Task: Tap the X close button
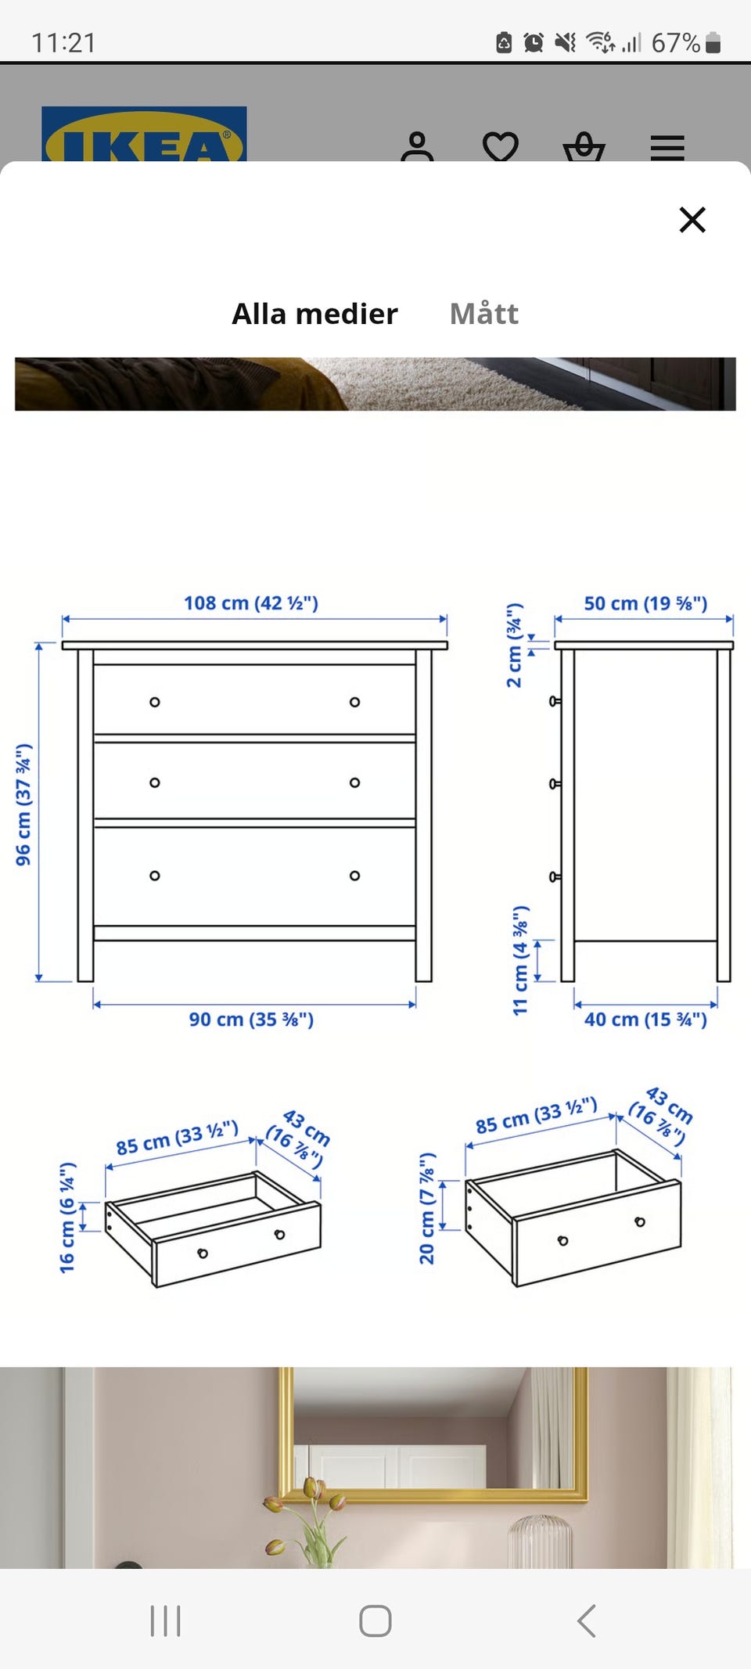coord(692,220)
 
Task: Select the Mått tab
coord(483,314)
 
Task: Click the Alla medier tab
coord(314,314)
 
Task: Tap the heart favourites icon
coord(500,147)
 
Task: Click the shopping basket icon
coord(584,147)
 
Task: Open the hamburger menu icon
coord(667,148)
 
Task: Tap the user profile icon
coord(417,146)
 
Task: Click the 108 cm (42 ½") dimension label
coord(251,603)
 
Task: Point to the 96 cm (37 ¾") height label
coord(23,804)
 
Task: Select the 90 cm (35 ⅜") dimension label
coord(251,1020)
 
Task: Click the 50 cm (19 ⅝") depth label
coord(645,603)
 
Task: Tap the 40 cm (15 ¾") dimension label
coord(645,1020)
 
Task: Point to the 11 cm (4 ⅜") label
coord(520,961)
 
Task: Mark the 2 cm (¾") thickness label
coord(514,646)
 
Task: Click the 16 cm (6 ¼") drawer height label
coord(67,1218)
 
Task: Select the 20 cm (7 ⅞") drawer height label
coord(426,1208)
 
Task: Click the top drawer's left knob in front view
coord(155,702)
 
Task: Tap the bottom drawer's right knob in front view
coord(354,876)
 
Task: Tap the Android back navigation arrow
coord(586,1620)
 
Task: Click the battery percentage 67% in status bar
coord(676,42)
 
